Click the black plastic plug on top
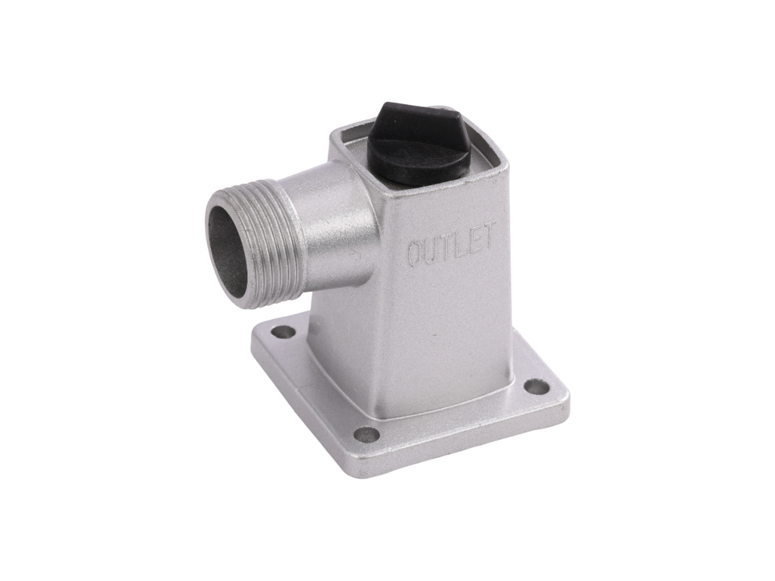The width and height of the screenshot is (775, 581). coord(417,143)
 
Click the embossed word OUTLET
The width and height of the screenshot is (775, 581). coord(451,244)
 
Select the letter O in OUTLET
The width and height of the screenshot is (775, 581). coord(414,253)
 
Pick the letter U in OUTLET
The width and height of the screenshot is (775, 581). coord(428,249)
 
